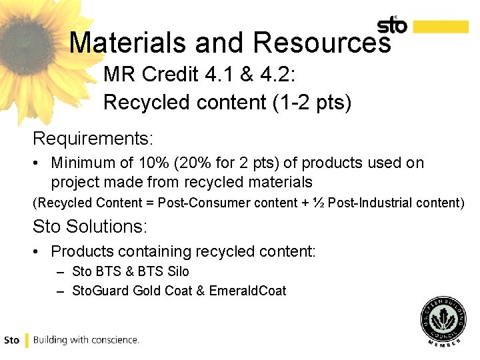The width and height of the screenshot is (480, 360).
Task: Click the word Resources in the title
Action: point(321,42)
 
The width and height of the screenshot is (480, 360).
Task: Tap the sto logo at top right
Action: point(392,25)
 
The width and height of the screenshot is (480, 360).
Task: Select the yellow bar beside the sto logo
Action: point(441,26)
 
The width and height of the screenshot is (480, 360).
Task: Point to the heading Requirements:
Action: point(93,139)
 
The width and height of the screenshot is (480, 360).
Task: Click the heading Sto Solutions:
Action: point(89,226)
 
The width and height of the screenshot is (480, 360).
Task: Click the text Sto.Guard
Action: point(100,291)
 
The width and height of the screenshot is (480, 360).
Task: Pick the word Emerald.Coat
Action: point(247,291)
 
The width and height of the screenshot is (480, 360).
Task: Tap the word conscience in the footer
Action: point(114,339)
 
